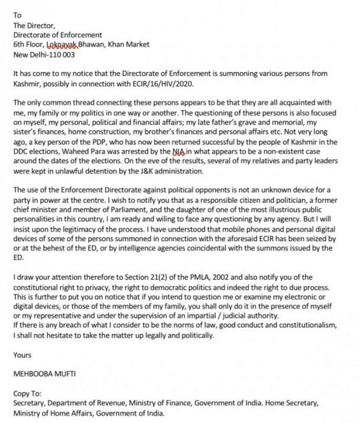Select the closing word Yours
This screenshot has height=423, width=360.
point(22,355)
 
